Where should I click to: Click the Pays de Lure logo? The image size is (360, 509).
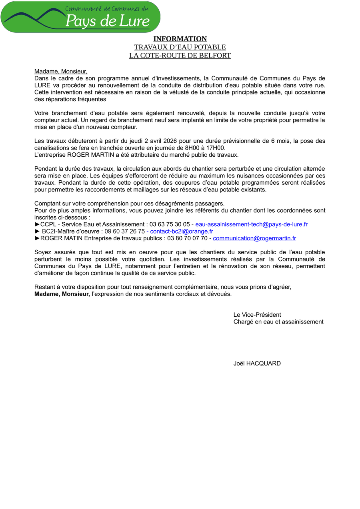click(80, 17)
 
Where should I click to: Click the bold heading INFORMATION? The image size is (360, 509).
click(180, 39)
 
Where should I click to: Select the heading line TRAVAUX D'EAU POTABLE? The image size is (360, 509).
click(180, 47)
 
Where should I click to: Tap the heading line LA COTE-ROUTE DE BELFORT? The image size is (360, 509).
click(180, 56)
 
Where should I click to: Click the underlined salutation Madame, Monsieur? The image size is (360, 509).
click(61, 71)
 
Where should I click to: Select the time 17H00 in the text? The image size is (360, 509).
click(216, 148)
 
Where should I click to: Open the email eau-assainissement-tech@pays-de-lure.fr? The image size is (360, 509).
click(251, 224)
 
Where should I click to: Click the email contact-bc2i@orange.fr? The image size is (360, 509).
click(182, 231)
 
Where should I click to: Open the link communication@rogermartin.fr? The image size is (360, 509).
click(254, 238)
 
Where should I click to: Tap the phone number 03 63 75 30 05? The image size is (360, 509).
click(170, 224)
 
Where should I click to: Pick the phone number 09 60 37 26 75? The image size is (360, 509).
click(125, 231)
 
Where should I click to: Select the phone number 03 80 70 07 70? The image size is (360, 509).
click(187, 238)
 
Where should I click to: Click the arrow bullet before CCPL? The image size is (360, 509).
click(37, 224)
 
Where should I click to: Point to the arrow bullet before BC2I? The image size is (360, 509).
click(37, 231)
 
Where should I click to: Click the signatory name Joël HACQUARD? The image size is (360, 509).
click(257, 363)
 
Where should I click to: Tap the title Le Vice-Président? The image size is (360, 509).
click(257, 315)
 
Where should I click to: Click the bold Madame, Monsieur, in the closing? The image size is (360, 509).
click(62, 294)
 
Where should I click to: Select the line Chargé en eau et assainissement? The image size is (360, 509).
click(278, 321)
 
